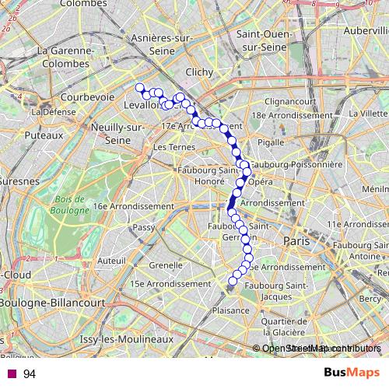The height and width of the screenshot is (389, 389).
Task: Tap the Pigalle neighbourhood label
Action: click(x=271, y=142)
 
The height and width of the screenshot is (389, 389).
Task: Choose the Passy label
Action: click(x=144, y=227)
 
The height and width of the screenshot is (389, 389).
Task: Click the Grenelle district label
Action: click(x=165, y=265)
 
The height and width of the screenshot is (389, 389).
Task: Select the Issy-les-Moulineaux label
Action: click(x=126, y=340)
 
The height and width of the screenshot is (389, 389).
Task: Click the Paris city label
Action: click(x=296, y=241)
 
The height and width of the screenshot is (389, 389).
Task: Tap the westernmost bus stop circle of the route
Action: click(x=140, y=88)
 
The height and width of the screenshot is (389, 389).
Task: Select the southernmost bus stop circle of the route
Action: click(x=232, y=281)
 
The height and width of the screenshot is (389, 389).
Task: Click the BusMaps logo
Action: click(x=352, y=373)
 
